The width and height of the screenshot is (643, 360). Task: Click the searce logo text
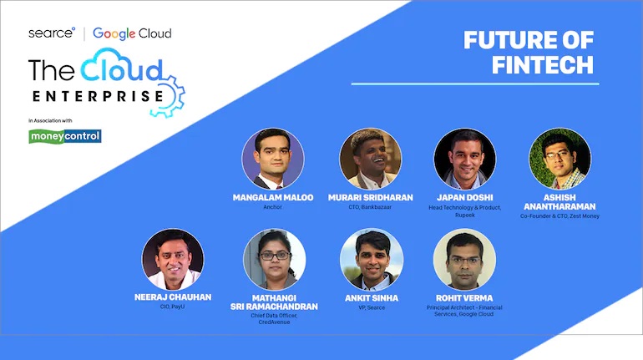(x=52, y=33)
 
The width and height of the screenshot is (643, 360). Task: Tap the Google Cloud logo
(x=132, y=33)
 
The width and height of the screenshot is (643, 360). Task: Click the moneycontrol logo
(x=65, y=136)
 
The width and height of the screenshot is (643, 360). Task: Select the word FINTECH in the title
(x=543, y=65)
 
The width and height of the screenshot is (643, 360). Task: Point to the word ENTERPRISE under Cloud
(x=98, y=96)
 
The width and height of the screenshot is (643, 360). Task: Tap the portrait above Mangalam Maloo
(x=273, y=159)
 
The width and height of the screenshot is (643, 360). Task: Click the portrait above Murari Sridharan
(x=371, y=159)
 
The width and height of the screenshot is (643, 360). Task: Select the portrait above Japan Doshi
(x=465, y=159)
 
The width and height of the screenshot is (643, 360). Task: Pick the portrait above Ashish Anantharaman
(x=560, y=159)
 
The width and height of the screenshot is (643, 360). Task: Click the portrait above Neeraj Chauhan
(x=173, y=259)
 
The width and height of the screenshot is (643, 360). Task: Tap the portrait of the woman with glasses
(x=275, y=259)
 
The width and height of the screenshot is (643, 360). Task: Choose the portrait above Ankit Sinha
(x=372, y=259)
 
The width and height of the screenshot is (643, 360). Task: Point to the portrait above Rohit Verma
(x=464, y=259)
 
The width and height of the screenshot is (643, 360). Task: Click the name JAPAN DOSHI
(x=465, y=198)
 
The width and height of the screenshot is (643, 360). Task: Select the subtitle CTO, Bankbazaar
(x=370, y=207)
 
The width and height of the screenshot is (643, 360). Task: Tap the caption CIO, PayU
(x=172, y=307)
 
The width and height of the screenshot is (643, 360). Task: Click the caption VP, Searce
(x=372, y=307)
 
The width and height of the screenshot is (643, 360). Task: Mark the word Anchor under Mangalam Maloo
(x=273, y=207)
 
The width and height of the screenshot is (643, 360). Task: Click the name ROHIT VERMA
(x=464, y=298)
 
